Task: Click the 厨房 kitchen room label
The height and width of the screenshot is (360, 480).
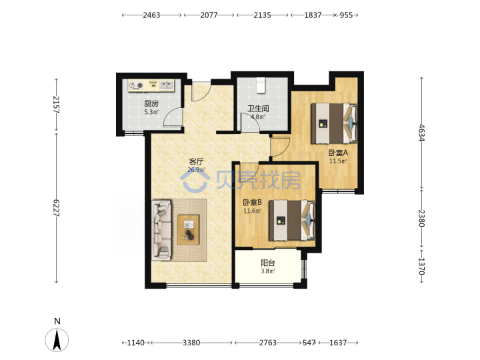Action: (x=151, y=103)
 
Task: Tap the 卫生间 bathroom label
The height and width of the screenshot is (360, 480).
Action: (x=258, y=109)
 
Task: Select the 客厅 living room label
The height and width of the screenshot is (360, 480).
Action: (x=196, y=161)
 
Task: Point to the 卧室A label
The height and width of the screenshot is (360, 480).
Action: (x=338, y=153)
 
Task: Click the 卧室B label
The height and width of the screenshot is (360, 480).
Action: (x=252, y=203)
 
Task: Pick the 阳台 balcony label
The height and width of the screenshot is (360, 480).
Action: (x=268, y=263)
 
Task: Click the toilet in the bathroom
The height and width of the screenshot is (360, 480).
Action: (x=261, y=85)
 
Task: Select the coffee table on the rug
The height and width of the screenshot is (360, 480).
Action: (x=189, y=229)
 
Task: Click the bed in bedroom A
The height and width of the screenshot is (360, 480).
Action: (x=334, y=123)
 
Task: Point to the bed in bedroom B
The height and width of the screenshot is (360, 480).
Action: (x=292, y=220)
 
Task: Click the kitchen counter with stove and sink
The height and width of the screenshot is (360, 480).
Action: (x=151, y=85)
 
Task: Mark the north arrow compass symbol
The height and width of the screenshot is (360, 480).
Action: (x=57, y=339)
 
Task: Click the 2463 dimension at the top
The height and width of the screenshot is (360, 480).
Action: (x=151, y=15)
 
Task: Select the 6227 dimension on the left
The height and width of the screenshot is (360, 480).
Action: (x=56, y=208)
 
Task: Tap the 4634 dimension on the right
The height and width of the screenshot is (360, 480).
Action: (x=422, y=133)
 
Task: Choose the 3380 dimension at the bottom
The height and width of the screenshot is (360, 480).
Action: (x=191, y=343)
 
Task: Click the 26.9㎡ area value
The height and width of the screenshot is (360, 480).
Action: (x=196, y=169)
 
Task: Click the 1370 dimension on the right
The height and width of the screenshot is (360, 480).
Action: (x=422, y=266)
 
